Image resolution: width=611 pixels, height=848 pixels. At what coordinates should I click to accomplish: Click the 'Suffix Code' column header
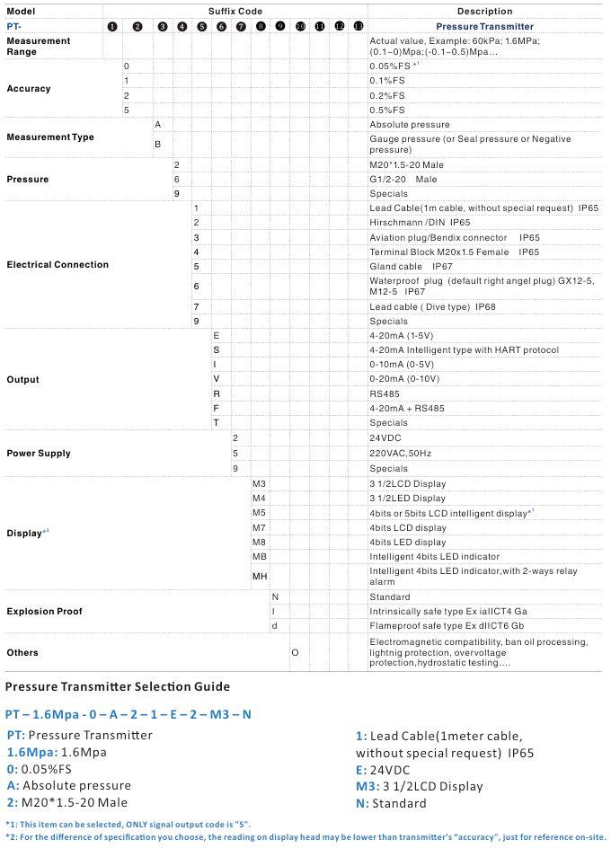235,11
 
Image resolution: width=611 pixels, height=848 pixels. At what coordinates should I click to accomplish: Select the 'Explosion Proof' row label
44,611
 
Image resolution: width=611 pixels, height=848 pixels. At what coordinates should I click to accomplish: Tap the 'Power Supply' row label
39,454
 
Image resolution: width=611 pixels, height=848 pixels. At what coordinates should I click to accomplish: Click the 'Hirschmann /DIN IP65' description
420,223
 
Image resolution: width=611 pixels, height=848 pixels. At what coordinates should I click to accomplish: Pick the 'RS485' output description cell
387,393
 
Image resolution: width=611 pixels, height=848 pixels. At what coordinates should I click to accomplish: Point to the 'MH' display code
260,576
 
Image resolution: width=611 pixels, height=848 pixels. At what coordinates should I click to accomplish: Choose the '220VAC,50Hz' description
401,454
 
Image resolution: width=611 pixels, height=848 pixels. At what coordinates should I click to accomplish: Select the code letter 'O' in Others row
295,652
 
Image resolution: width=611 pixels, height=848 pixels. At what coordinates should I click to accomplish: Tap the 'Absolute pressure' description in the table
410,125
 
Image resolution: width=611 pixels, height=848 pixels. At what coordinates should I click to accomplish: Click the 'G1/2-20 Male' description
403,180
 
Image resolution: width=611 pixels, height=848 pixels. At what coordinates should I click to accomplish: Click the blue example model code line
128,714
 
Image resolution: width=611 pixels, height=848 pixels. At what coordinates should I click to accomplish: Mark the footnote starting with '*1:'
128,825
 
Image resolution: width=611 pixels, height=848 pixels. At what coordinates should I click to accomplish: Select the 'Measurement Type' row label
50,137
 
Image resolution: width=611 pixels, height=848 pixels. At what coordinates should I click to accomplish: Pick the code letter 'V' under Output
216,379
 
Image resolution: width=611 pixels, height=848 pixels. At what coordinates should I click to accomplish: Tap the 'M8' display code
259,543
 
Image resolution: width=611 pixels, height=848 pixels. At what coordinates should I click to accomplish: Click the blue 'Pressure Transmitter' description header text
484,27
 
